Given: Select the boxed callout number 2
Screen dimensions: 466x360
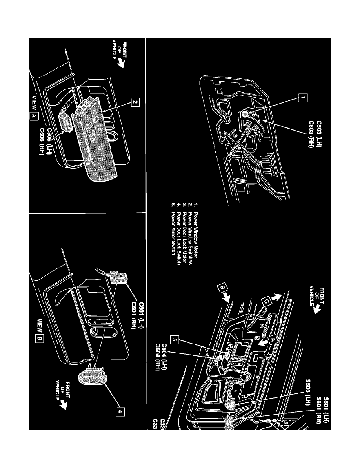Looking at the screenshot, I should point(134,103).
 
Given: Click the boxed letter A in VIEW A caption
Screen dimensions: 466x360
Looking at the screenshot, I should point(34,116).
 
